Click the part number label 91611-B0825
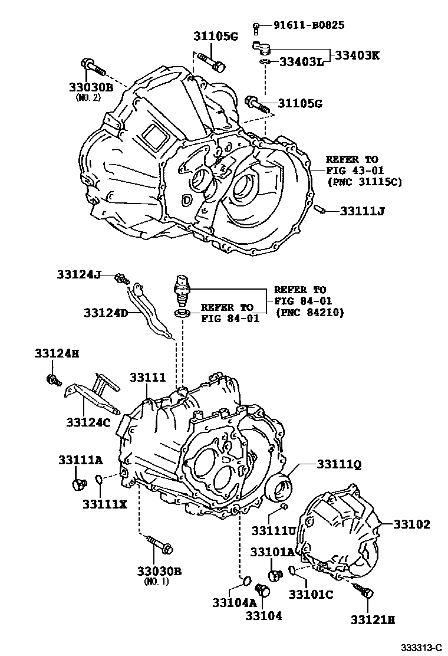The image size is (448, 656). pos(309,25)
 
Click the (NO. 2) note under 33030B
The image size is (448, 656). pos(89,98)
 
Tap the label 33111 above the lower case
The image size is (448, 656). pos(148,376)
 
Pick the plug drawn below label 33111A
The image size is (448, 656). pos(78,484)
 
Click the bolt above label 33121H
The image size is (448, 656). pos(363,591)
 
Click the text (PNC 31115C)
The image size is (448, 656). pos(364,182)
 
